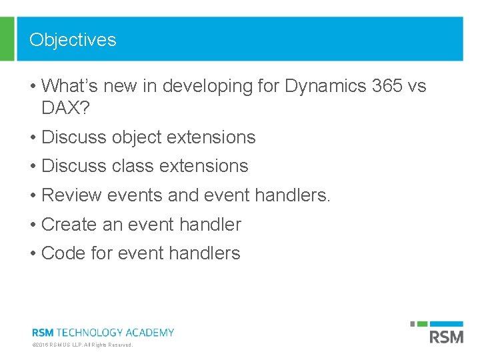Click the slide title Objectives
tap(73, 40)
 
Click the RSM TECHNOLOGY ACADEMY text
tap(103, 332)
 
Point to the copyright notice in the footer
tap(83, 345)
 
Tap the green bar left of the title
tap(7, 39)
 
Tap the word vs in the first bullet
tap(416, 87)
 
